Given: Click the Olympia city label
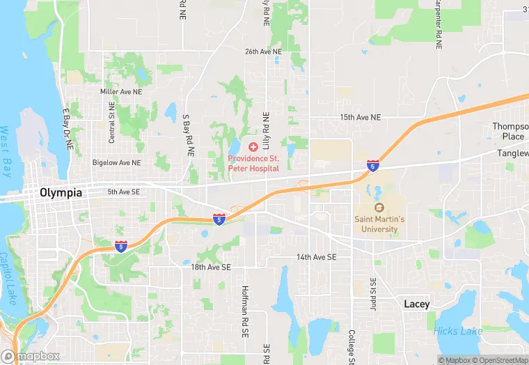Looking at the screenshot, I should coord(61,192).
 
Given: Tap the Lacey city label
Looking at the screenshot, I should coord(417,304).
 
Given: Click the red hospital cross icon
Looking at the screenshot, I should coord(253,147).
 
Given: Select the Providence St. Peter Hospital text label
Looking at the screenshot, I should coord(253,164).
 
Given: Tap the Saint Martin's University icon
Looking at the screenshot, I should coord(379,208).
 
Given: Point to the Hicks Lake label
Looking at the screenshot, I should coord(457,331).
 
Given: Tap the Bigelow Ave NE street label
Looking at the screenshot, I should coord(116,162).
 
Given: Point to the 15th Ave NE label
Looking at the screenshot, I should coord(361,118).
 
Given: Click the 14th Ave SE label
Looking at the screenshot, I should coord(316,257).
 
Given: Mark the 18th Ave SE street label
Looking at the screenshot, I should coord(211,266).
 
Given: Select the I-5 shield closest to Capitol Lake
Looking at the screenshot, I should coord(121,245).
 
